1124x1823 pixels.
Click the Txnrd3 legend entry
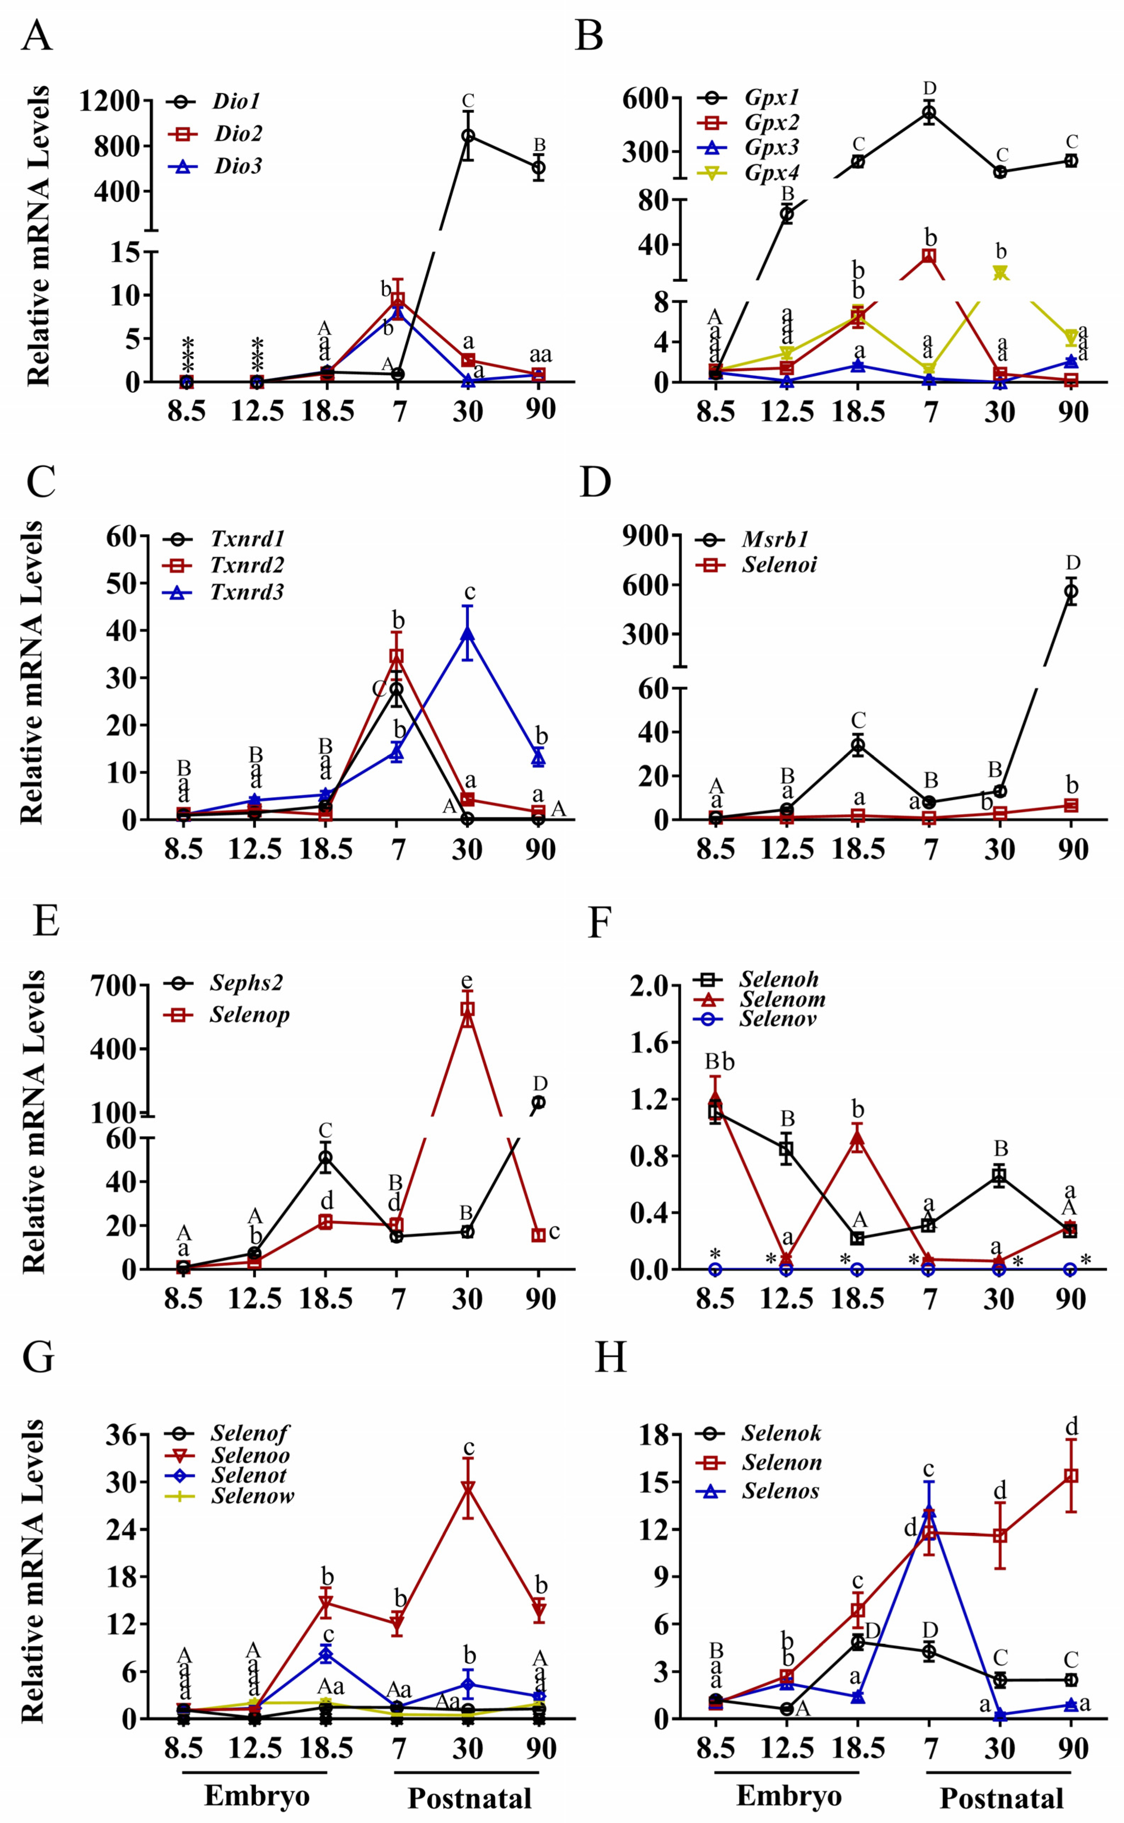pyautogui.click(x=246, y=592)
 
